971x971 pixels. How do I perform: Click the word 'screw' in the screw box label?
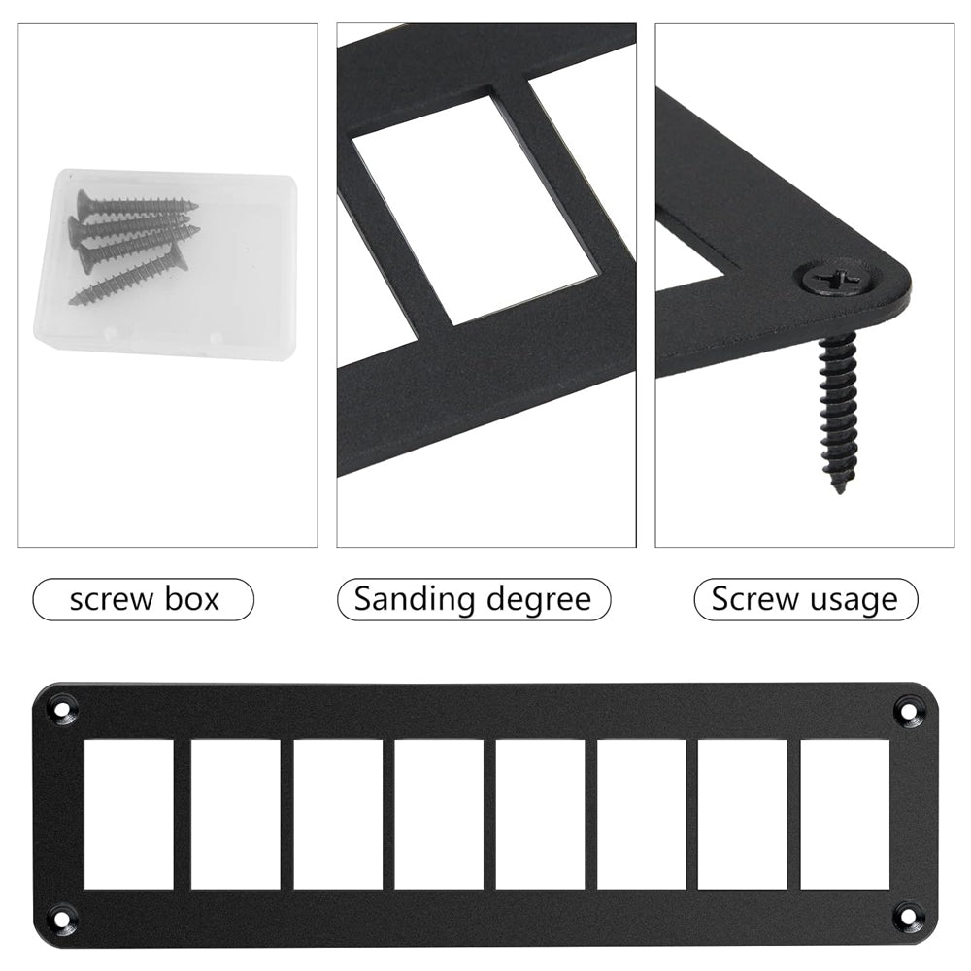pyautogui.click(x=112, y=600)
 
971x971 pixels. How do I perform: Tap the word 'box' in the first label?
pyautogui.click(x=192, y=599)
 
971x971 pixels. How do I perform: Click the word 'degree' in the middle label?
pyautogui.click(x=539, y=600)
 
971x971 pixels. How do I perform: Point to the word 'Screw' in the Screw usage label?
pyautogui.click(x=747, y=599)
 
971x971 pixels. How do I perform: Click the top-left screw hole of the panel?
pyautogui.click(x=62, y=710)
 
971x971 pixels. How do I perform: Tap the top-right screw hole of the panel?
pyautogui.click(x=907, y=710)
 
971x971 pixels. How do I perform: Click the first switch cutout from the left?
pyautogui.click(x=129, y=815)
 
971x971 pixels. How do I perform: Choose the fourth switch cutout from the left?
pyautogui.click(x=439, y=815)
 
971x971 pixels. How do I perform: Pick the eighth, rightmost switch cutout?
pyautogui.click(x=845, y=815)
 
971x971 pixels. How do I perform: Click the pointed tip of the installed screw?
pyautogui.click(x=839, y=492)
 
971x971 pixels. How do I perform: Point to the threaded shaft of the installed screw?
pyautogui.click(x=839, y=409)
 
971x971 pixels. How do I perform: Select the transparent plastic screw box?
pyautogui.click(x=165, y=265)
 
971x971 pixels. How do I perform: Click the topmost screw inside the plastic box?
pyautogui.click(x=137, y=203)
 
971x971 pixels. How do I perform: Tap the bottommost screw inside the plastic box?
pyautogui.click(x=128, y=276)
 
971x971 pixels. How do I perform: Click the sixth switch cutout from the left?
pyautogui.click(x=642, y=815)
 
